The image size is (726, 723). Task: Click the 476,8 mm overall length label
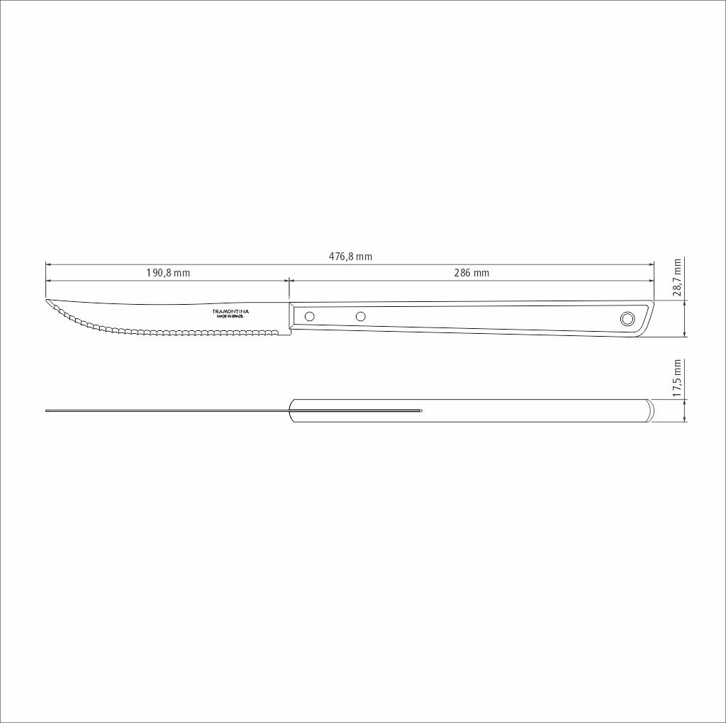(350, 257)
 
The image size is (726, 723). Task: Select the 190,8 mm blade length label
(168, 273)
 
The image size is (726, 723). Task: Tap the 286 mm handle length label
(471, 273)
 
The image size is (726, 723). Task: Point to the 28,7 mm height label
(677, 276)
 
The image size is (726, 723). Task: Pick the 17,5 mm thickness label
(677, 378)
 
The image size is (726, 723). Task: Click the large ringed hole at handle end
(627, 318)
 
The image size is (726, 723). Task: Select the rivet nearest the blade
(309, 316)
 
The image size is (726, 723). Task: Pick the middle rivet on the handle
(360, 316)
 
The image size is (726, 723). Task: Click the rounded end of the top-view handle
(647, 411)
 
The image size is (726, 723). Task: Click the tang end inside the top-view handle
(420, 410)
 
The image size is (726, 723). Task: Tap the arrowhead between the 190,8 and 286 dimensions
(289, 280)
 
